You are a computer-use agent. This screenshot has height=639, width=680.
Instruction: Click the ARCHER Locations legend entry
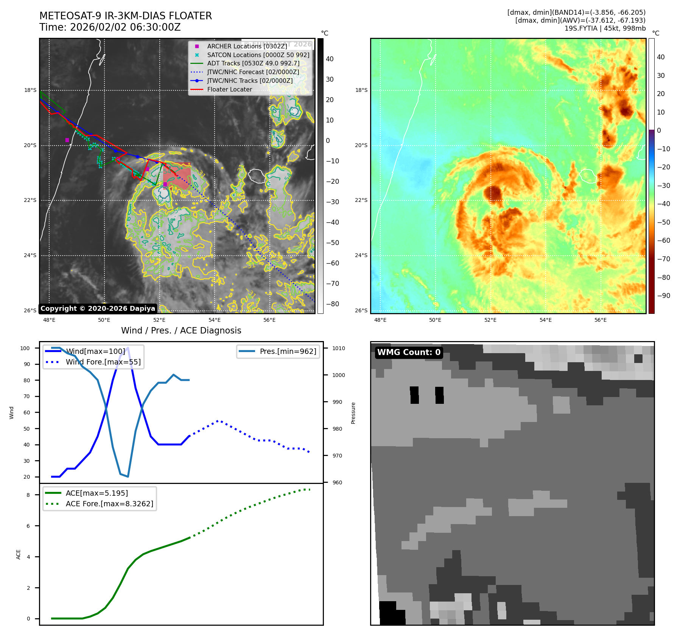point(247,46)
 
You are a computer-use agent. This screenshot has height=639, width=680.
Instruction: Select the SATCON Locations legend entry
point(258,55)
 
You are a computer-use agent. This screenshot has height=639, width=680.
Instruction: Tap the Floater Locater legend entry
point(229,89)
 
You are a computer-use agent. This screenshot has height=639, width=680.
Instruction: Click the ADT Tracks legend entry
point(253,64)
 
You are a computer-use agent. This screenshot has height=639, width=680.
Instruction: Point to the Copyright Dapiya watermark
point(98,309)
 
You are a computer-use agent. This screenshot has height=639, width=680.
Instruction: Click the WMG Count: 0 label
point(409,352)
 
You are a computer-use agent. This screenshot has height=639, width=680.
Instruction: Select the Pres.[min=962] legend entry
point(288,351)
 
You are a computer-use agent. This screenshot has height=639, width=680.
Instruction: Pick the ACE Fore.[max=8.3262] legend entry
point(109,504)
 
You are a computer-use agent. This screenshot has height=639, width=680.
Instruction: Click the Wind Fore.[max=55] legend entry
point(103,362)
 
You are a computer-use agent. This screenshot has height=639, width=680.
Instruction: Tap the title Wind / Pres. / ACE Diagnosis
point(181,330)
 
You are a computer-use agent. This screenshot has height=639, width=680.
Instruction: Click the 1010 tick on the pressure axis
point(339,348)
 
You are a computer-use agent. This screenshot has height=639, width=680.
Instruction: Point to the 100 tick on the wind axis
point(25,348)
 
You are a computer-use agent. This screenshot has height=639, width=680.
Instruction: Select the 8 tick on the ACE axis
point(28,495)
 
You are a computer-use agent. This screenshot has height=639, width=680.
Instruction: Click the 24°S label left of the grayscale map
point(30,255)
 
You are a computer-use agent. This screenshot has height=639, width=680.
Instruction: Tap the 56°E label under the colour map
point(600,320)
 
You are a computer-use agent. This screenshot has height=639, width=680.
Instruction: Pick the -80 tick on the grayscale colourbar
point(333,304)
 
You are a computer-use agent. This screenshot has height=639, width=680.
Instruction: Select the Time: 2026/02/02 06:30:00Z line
point(110,27)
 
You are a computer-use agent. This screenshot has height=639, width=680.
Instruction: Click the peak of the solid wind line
point(128,347)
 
